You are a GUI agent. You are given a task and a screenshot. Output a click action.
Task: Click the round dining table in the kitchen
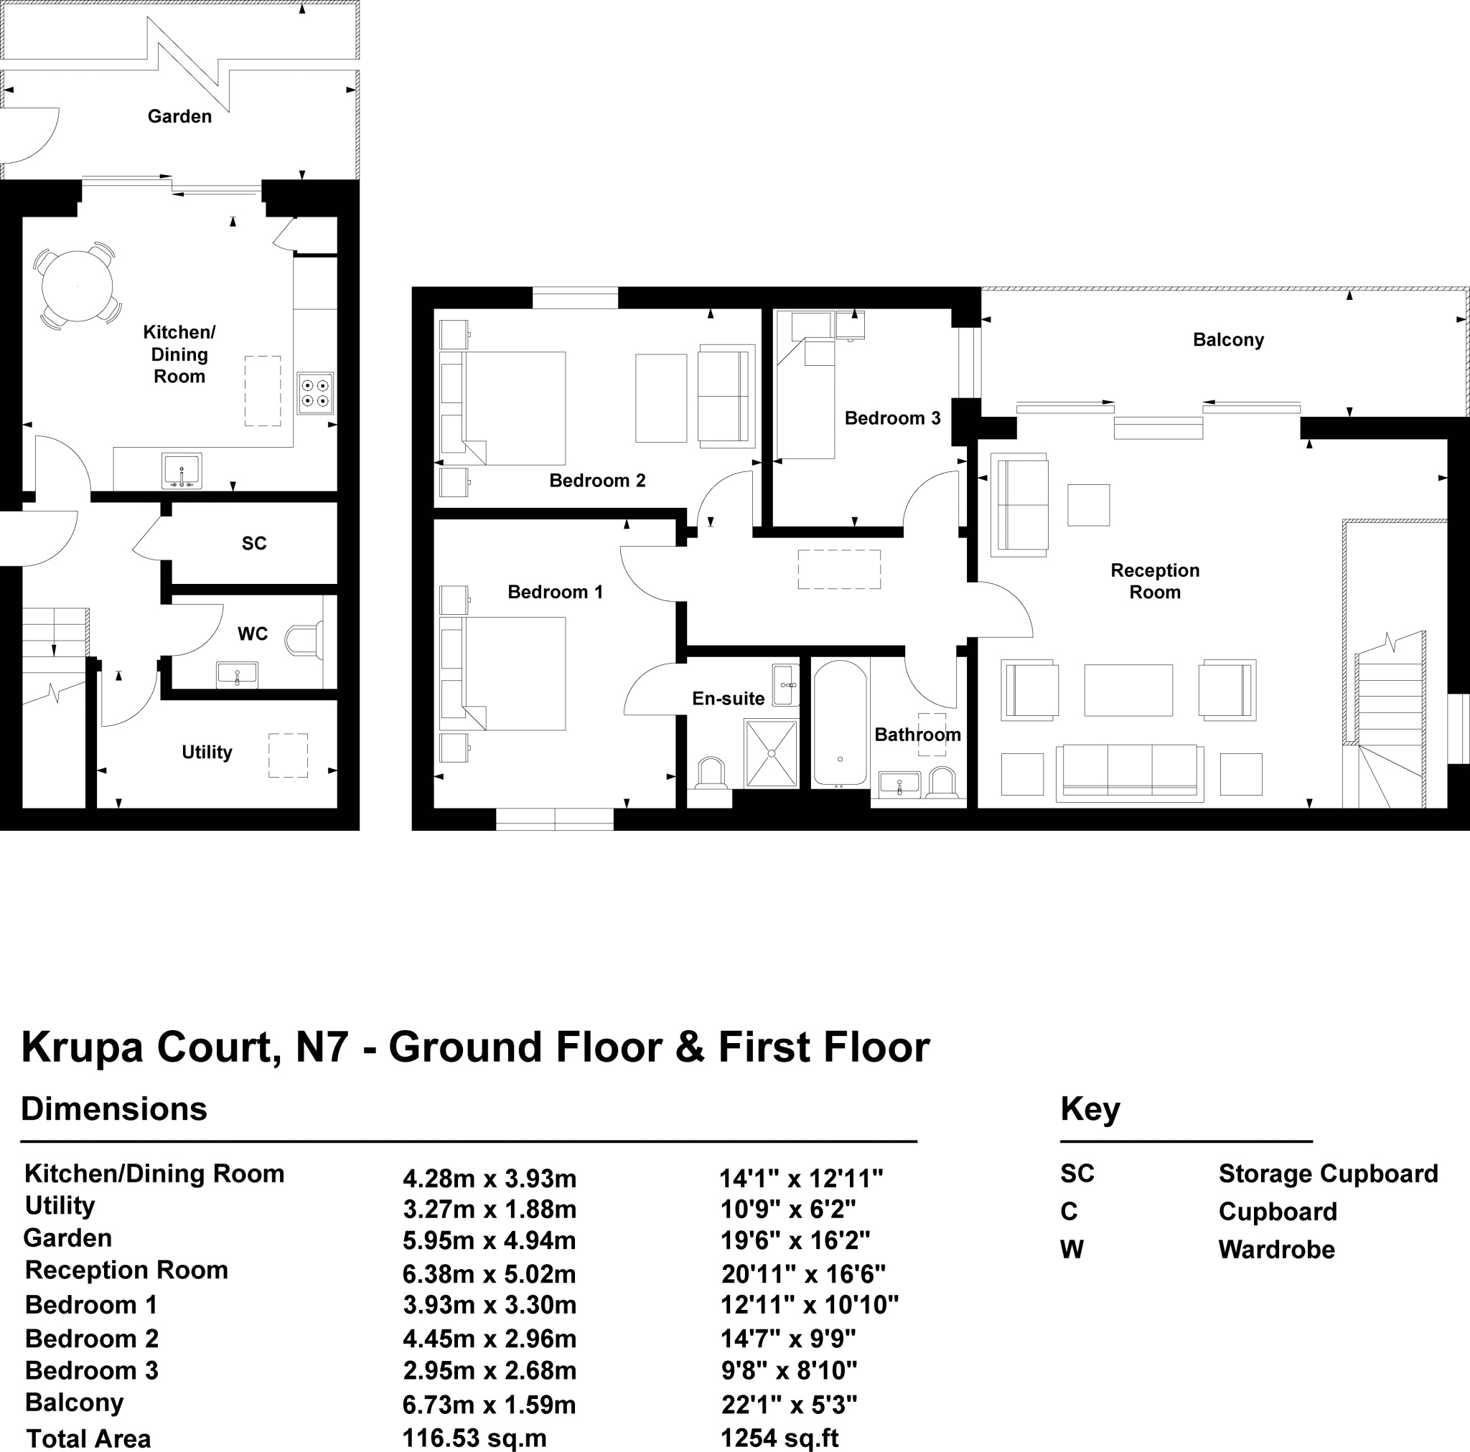[x=77, y=287]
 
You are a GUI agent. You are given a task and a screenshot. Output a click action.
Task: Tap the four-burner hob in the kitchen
[x=315, y=392]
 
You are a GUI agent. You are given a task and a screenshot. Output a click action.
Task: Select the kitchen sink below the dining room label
[x=182, y=471]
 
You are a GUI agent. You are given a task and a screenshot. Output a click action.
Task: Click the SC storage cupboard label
[x=254, y=543]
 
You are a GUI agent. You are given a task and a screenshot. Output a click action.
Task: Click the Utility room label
[x=206, y=753]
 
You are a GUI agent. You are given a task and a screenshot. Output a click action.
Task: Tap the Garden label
[x=179, y=116]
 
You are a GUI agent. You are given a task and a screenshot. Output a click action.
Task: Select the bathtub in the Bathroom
[x=840, y=722]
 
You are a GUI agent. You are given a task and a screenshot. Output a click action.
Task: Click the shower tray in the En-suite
[x=772, y=753]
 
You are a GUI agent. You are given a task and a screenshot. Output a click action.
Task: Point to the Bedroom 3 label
[x=891, y=418]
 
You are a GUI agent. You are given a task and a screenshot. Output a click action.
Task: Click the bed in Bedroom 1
[x=514, y=673]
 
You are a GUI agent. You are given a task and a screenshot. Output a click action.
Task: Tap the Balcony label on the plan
[x=1228, y=340]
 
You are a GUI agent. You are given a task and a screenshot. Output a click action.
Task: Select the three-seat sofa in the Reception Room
[x=1130, y=772]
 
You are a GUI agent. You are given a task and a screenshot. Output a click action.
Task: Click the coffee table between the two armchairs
[x=1128, y=690]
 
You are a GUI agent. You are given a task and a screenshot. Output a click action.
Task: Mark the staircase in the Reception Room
[x=1390, y=722]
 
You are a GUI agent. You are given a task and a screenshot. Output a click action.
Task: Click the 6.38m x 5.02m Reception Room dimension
[x=490, y=1274]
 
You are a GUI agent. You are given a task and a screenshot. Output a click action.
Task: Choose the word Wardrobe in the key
[x=1276, y=1250]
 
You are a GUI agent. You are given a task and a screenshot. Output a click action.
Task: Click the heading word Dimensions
[x=114, y=1109]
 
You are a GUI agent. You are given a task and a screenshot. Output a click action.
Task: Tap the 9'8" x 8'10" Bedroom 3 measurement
[x=788, y=1371]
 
